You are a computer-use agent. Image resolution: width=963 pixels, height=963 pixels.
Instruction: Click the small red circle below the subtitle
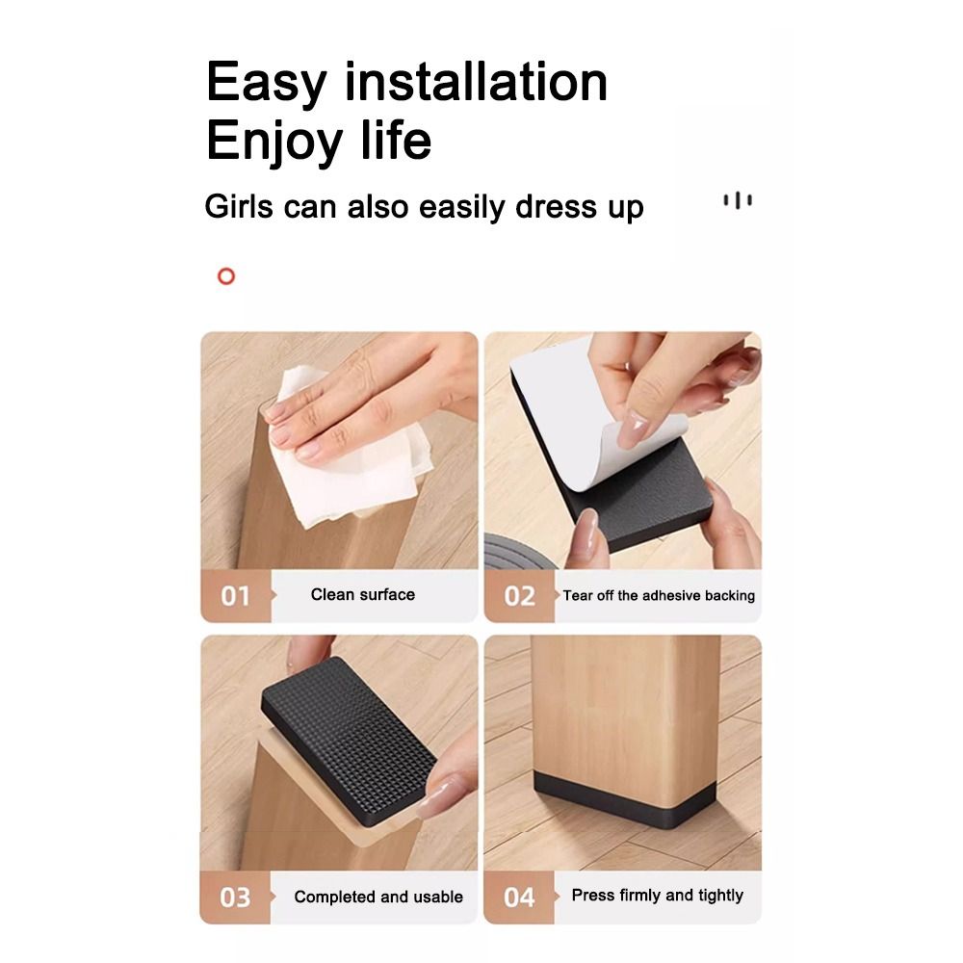pos(226,277)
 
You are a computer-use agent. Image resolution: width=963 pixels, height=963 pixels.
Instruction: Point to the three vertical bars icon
pos(738,200)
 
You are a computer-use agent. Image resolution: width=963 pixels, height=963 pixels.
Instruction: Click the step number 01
pos(235,596)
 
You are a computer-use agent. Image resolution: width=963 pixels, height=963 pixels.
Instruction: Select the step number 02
pos(519,596)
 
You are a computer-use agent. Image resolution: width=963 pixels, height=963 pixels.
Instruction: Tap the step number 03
pos(235,898)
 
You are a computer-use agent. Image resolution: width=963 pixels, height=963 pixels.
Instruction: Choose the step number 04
pos(519,898)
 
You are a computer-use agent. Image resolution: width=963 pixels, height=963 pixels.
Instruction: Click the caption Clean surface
pos(363,595)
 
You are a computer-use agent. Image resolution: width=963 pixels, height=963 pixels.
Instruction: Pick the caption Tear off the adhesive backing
pos(659,596)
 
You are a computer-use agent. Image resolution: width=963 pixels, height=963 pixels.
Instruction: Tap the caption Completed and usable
pos(378,898)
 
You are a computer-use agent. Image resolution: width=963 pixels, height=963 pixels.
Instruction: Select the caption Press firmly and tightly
pos(658,896)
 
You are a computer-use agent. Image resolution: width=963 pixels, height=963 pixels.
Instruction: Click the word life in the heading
pos(396,141)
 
